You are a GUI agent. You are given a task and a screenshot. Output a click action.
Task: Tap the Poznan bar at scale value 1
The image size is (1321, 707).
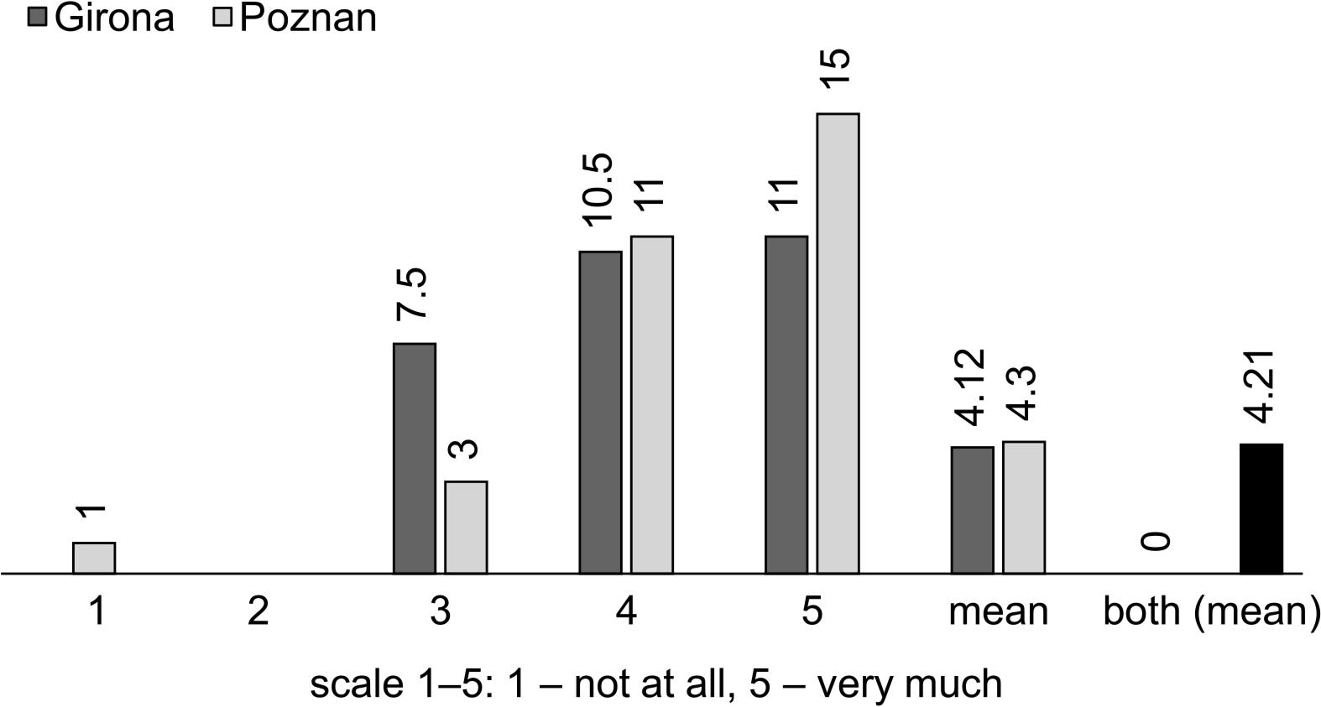coord(94,558)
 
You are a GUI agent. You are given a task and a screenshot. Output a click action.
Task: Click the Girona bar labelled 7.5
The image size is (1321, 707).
coord(415,458)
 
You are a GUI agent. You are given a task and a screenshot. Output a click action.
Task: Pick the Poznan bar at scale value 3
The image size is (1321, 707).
coord(466,527)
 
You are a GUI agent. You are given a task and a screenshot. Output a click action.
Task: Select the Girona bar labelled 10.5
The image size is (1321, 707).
coord(600,412)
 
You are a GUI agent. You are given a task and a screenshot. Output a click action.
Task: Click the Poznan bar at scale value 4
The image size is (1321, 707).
coord(652,404)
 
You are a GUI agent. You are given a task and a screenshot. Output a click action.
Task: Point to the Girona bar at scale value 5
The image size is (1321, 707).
coord(786,404)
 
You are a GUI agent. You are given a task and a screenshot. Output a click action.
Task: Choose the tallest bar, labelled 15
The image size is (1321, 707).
coord(838,343)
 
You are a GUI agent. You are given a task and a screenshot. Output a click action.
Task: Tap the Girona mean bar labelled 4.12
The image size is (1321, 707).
coord(972,510)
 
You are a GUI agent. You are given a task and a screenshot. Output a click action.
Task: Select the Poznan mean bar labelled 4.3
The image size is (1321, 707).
coord(1024,507)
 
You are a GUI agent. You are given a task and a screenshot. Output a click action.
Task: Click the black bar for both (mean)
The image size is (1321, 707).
coord(1261,508)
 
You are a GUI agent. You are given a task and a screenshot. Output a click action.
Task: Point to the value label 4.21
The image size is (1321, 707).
coord(1261,386)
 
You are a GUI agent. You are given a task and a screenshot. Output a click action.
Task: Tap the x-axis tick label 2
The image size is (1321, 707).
coord(258,611)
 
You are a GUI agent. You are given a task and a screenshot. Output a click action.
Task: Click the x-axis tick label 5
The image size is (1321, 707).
coord(812,611)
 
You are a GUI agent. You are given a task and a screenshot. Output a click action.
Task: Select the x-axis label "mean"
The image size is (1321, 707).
coord(998,611)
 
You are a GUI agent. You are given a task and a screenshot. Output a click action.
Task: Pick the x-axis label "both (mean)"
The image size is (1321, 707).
coord(1210,611)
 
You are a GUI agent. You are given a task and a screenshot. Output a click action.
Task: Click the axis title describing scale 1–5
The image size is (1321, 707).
coord(655,684)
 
